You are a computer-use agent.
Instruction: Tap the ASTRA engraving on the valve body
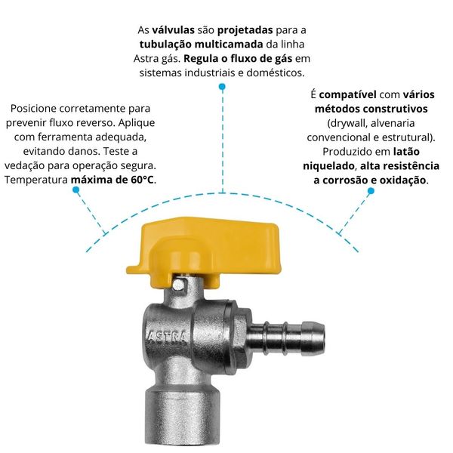[x=167, y=337]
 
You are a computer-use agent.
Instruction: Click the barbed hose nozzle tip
[x=313, y=337]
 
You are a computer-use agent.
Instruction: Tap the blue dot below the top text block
[x=222, y=87]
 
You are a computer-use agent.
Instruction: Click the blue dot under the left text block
[x=76, y=190]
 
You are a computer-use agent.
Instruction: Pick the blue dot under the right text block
[x=371, y=191]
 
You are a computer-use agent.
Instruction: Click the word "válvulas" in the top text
[x=173, y=30]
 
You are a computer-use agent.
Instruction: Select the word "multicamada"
[x=229, y=45]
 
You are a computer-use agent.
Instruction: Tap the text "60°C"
[x=142, y=180]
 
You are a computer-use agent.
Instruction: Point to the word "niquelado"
[x=328, y=166]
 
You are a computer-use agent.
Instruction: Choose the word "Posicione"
[x=32, y=109]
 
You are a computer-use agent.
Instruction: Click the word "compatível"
[x=347, y=95]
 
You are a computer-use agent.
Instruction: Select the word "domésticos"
[x=275, y=72]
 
